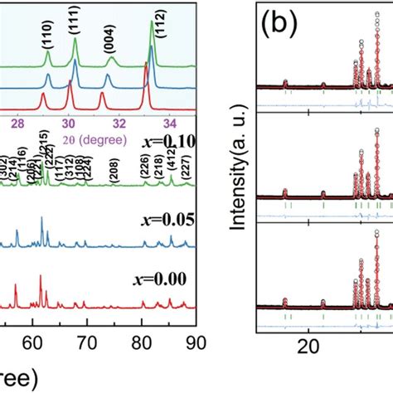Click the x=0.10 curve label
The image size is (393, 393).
[x=169, y=142]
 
